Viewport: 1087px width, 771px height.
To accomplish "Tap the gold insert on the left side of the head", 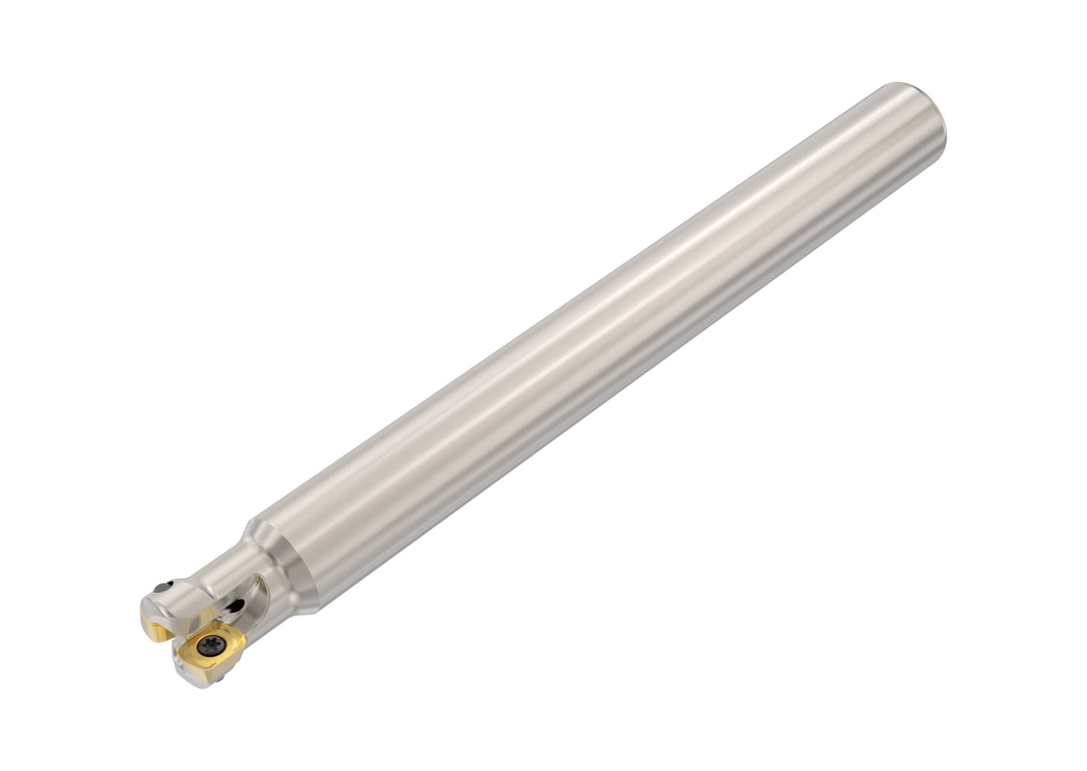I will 154,618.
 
